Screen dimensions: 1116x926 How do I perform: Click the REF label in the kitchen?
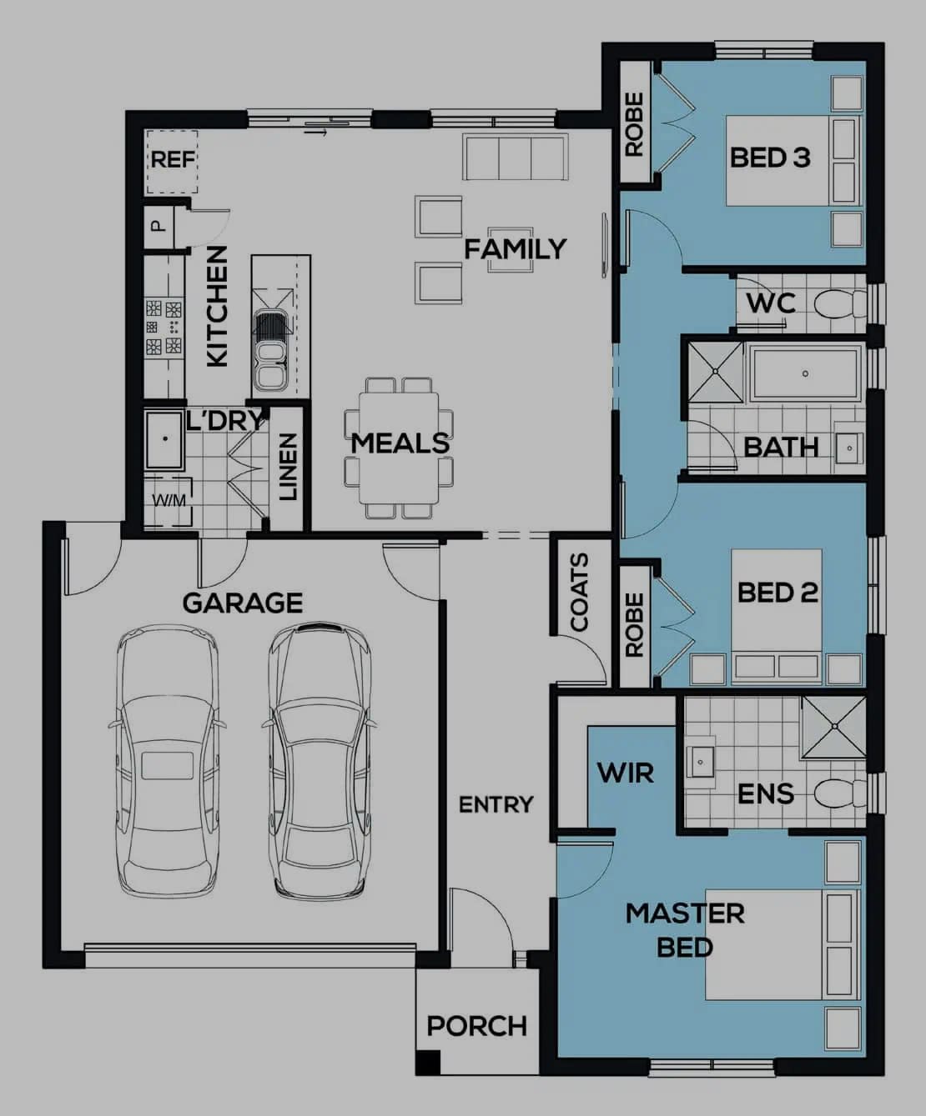tap(173, 158)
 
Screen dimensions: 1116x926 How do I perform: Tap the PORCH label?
tap(476, 1026)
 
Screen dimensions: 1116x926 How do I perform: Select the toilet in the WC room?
tap(838, 304)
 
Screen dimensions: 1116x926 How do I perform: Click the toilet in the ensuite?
tap(839, 793)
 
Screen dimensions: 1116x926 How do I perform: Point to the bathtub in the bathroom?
tap(805, 373)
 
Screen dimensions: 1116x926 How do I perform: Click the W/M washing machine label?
tap(169, 501)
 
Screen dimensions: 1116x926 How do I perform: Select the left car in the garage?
tap(167, 763)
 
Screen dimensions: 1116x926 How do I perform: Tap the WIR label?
tap(625, 773)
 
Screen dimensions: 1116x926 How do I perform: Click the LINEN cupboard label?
tap(288, 467)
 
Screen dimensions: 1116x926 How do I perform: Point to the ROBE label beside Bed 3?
tap(634, 125)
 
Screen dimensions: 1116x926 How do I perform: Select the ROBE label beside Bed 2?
tap(634, 625)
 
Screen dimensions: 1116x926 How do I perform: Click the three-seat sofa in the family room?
tap(515, 158)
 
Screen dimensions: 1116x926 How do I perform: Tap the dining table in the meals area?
tap(399, 448)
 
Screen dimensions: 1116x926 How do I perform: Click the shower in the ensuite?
tap(833, 728)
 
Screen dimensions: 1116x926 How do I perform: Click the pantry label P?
tap(158, 226)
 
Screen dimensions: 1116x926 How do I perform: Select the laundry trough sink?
tap(164, 439)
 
